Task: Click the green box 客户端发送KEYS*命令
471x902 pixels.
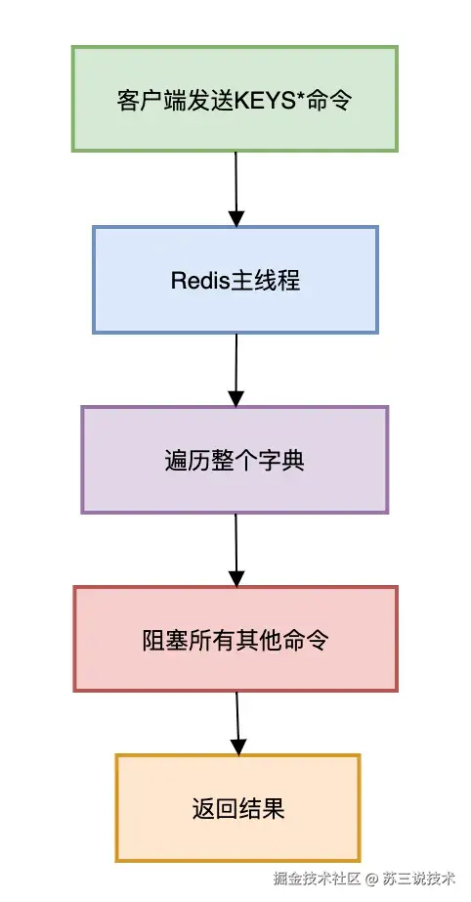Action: click(235, 98)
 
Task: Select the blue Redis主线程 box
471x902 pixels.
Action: click(235, 280)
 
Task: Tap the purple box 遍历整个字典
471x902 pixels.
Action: click(235, 460)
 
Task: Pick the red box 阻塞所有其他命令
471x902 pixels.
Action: click(235, 640)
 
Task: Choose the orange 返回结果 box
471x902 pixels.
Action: click(237, 808)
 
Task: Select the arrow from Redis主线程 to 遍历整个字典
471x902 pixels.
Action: click(235, 370)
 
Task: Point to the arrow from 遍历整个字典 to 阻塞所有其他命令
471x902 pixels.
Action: click(235, 550)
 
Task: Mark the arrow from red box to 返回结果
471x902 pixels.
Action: click(236, 724)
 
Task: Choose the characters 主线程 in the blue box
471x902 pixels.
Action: click(264, 281)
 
